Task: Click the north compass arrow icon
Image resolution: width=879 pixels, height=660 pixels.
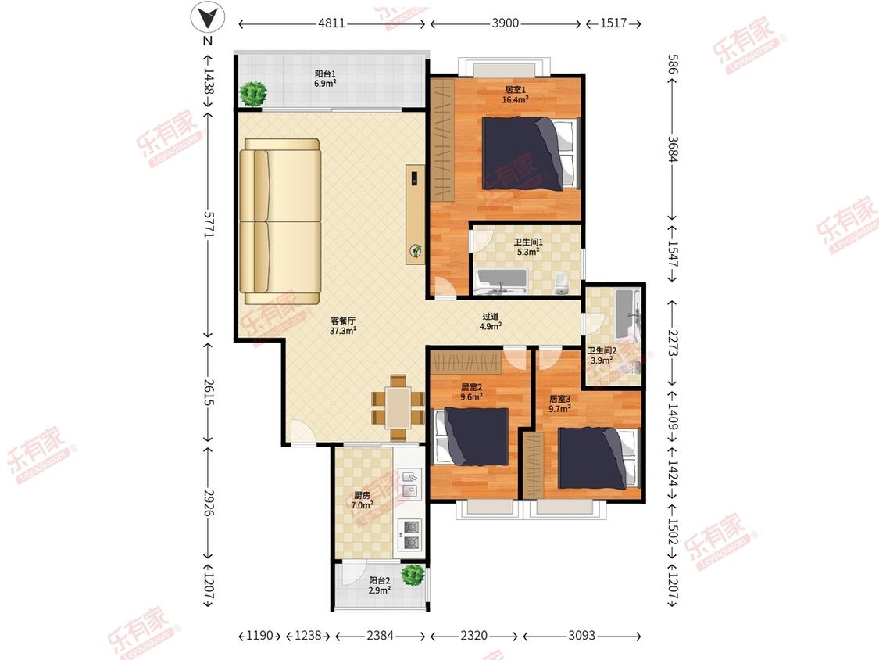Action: [208, 18]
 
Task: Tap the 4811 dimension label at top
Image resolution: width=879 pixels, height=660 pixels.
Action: [331, 23]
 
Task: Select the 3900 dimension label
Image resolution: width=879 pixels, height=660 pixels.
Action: [505, 23]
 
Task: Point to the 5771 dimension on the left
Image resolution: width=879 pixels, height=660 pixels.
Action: [209, 224]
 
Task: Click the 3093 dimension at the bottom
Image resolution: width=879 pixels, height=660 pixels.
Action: [581, 635]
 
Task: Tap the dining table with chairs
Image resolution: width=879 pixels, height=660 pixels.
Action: [398, 407]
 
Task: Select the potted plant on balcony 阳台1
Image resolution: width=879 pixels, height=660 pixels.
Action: [253, 93]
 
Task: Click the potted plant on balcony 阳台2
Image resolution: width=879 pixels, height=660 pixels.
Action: [413, 575]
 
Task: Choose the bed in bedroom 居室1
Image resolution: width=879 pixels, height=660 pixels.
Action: [530, 152]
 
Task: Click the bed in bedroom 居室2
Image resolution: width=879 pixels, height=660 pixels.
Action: [471, 436]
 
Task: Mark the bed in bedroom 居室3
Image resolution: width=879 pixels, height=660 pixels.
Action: [599, 458]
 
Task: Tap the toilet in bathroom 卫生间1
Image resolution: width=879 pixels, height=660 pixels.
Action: [561, 284]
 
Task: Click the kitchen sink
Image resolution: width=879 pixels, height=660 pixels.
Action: [410, 484]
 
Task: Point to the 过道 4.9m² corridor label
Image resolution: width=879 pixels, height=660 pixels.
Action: [491, 321]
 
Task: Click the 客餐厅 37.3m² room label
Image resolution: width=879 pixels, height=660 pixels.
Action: [343, 325]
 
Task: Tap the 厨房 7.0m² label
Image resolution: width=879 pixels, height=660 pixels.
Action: [362, 500]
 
